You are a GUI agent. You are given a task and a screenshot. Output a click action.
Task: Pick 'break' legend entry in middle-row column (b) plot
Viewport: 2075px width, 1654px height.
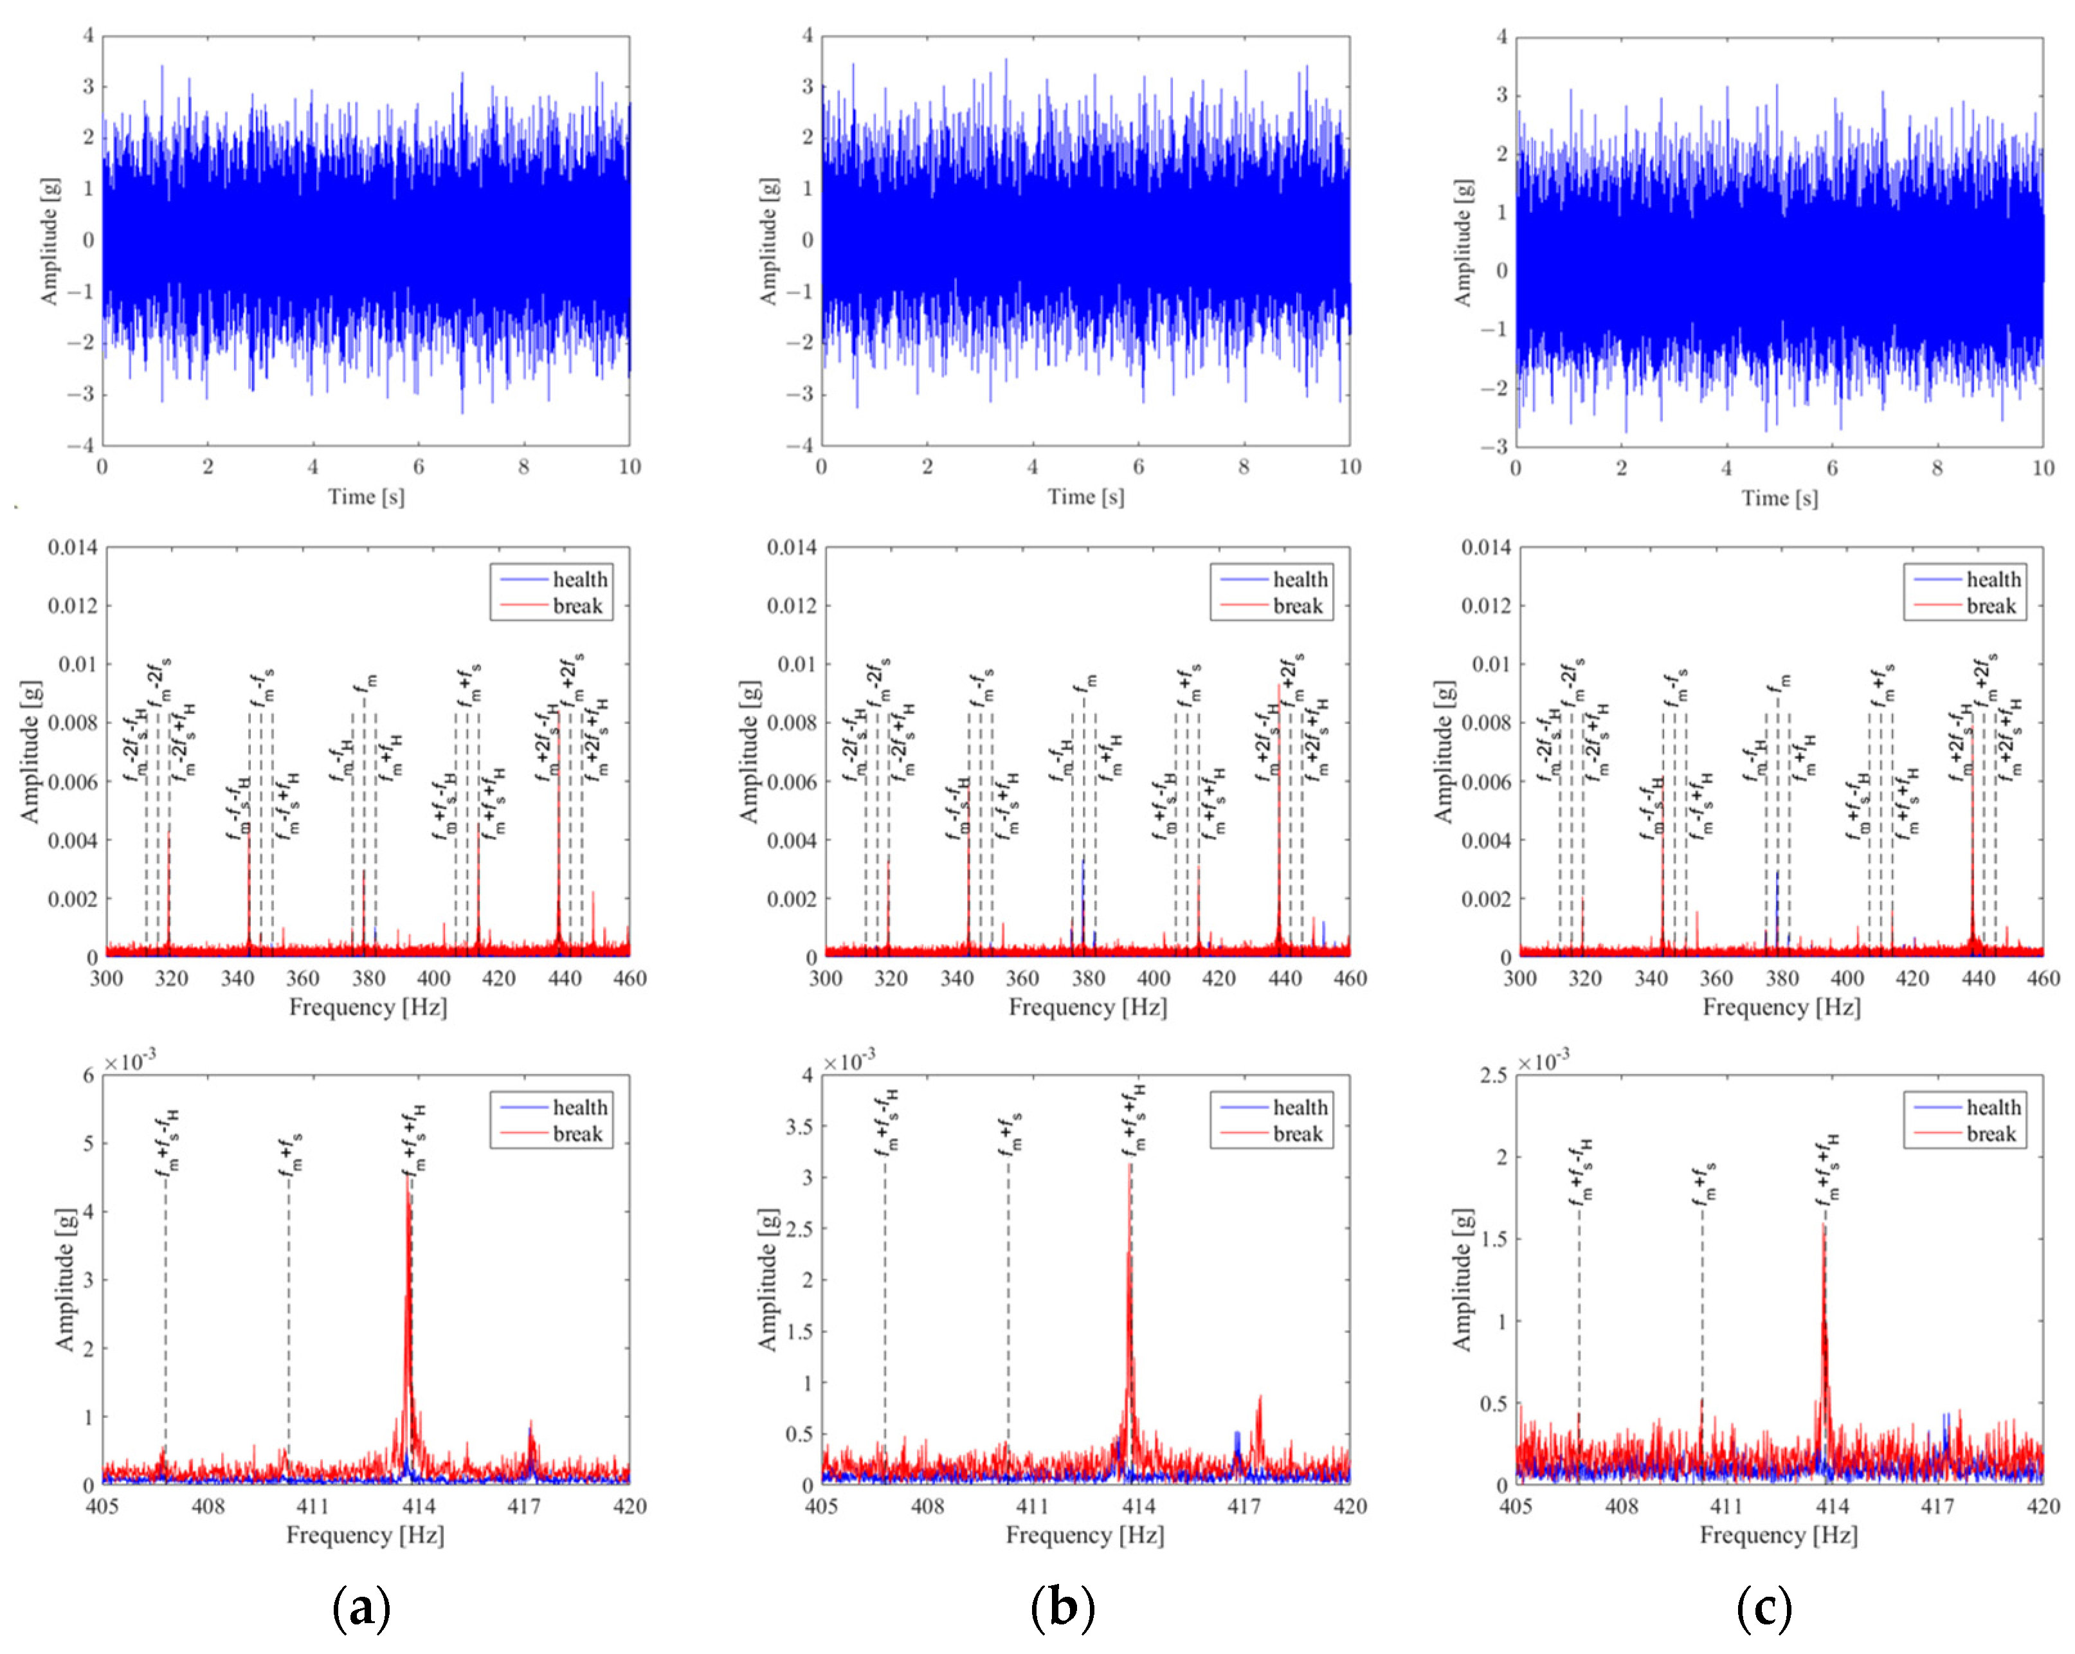click(x=1298, y=606)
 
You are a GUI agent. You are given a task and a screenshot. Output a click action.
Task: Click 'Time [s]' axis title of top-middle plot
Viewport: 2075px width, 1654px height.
click(x=1085, y=496)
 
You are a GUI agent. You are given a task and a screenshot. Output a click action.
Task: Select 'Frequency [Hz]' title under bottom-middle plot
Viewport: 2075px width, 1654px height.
click(x=1085, y=1534)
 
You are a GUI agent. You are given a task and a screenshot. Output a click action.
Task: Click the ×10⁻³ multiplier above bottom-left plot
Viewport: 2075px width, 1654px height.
click(x=130, y=1062)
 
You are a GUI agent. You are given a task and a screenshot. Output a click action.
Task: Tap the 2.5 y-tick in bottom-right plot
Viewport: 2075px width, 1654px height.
click(x=1492, y=1075)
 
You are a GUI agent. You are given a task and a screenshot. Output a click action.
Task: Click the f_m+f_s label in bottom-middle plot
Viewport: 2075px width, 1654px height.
click(x=1010, y=1136)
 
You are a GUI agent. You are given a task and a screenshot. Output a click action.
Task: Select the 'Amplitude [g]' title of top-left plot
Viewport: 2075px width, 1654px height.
click(x=48, y=241)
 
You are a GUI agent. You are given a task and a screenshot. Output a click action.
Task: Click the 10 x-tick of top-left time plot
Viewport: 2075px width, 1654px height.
click(x=630, y=467)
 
